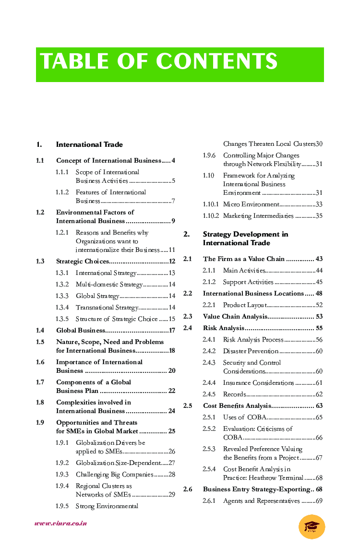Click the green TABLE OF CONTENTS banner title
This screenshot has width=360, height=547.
[x=159, y=62]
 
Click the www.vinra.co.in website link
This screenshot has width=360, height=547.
[x=60, y=523]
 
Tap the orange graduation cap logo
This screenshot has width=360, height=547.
[x=312, y=526]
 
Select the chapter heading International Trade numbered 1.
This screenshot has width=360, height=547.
[x=89, y=144]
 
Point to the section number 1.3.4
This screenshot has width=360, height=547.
[x=62, y=308]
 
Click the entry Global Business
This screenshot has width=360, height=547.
[x=81, y=331]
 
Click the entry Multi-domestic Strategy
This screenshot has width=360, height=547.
[x=109, y=285]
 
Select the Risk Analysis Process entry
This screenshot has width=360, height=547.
[x=253, y=340]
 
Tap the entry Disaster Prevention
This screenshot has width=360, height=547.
[x=251, y=351]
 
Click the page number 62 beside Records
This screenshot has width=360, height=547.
[x=319, y=394]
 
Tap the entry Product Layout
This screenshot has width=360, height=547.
[x=245, y=305]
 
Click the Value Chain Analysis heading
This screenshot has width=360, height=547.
[x=235, y=317]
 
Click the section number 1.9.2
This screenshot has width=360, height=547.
[x=62, y=463]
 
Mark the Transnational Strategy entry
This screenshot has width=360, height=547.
[x=107, y=308]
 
